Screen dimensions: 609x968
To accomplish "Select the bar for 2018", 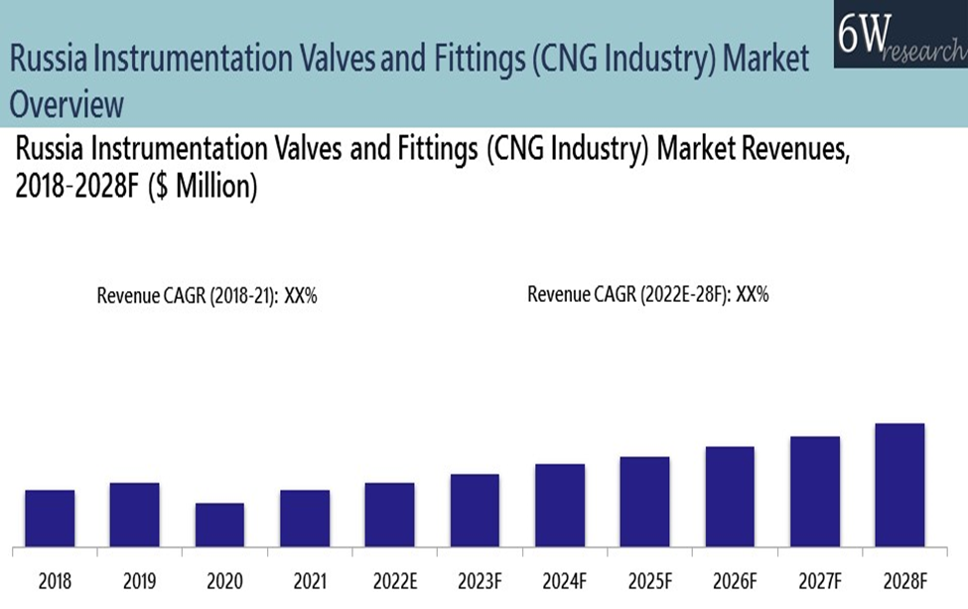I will (50, 518).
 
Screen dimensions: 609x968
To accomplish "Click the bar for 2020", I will (219, 525).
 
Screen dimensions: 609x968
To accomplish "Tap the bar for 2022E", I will (389, 515).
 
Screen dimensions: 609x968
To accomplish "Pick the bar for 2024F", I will (560, 505).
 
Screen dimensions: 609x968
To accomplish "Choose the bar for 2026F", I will (730, 496).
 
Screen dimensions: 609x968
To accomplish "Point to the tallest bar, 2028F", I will (899, 485).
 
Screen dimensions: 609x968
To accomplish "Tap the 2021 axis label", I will (304, 578).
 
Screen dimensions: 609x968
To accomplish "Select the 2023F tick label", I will (475, 578).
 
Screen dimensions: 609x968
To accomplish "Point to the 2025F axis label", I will (644, 578).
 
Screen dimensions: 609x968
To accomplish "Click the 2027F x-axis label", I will (814, 578).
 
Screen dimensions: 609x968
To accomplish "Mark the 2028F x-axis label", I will (899, 578).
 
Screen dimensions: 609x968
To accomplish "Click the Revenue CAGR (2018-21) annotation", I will (207, 295).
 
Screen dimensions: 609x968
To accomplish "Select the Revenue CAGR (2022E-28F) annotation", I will (648, 294).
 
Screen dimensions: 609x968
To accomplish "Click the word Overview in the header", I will (68, 104).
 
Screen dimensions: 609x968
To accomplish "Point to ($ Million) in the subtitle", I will (204, 187).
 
